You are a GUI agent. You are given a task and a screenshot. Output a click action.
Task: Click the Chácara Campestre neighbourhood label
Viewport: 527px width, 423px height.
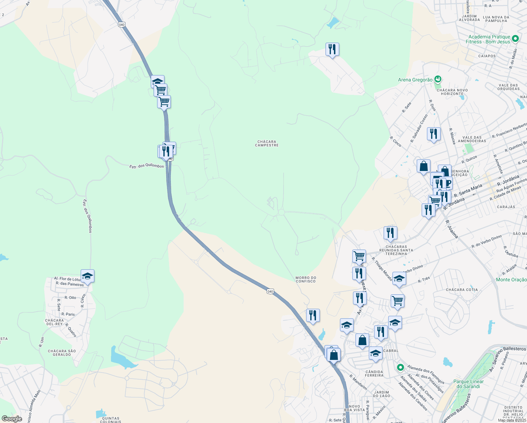[x=267, y=143]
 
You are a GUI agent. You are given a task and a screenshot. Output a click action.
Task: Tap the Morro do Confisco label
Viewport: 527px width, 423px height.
[x=306, y=280]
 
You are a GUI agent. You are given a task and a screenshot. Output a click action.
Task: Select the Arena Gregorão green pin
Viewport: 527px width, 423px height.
[x=438, y=79]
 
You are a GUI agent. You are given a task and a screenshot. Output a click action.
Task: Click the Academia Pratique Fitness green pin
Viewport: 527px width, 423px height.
[x=515, y=38]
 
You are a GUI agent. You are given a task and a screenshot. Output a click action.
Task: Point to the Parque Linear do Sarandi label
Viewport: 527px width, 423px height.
[x=469, y=384]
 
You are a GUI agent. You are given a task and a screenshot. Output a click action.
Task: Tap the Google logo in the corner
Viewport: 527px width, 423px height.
[x=12, y=419]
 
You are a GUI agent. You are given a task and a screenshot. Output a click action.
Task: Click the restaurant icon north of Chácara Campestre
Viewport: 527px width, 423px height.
[x=332, y=49]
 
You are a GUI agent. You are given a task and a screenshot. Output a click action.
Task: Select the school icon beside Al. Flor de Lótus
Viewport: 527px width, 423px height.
[x=87, y=276]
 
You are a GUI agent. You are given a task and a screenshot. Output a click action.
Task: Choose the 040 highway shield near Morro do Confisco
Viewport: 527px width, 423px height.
[x=270, y=291]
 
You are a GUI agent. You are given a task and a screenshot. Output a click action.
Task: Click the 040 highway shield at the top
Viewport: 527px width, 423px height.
[x=122, y=24]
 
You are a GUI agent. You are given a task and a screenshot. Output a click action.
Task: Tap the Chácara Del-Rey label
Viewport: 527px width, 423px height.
[x=54, y=322]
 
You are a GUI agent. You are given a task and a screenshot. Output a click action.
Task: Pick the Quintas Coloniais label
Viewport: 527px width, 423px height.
[x=110, y=420]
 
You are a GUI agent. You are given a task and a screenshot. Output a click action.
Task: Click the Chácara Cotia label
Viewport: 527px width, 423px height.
[x=462, y=290]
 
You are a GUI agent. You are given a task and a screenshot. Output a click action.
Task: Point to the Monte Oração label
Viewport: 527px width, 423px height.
[x=511, y=280]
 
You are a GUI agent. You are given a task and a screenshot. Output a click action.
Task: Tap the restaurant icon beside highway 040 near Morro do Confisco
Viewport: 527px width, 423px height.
[x=313, y=315]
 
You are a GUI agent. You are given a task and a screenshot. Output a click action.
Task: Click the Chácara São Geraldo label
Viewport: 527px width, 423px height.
[x=62, y=352]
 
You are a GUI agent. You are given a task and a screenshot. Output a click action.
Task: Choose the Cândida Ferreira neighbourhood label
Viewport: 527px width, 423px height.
[x=374, y=374]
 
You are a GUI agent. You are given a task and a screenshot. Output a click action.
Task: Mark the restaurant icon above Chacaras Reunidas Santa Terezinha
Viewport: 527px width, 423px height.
[x=390, y=233]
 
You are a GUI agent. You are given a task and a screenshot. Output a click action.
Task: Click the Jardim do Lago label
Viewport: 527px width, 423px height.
[x=382, y=394]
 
